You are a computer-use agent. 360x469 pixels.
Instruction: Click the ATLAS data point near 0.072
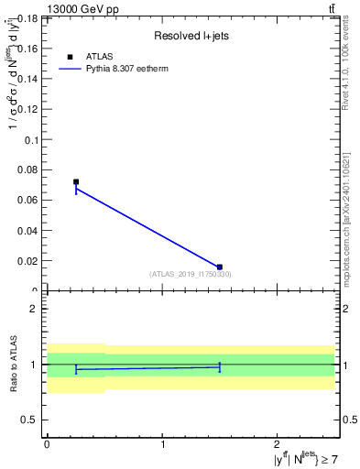(x=76, y=182)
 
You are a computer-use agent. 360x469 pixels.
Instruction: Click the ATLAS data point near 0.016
(x=220, y=267)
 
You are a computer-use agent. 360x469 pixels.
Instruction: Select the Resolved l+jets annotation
(x=190, y=35)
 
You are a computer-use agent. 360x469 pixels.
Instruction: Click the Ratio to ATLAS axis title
(x=13, y=364)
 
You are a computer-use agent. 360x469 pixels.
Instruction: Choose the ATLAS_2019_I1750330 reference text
(x=190, y=274)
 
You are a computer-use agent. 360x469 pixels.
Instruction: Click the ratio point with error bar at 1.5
(x=220, y=366)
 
